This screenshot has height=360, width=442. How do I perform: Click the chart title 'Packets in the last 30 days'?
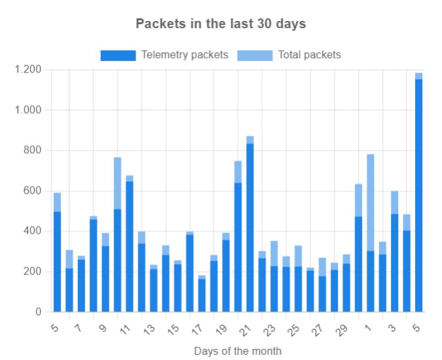coord(221,24)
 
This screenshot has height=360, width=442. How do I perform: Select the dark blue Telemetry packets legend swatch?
coord(118,55)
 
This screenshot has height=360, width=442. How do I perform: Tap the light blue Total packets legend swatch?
coord(255,55)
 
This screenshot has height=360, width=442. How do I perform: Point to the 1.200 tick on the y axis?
coord(28,69)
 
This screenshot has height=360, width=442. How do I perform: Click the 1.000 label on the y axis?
coord(28,110)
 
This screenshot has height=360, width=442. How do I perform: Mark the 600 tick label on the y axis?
coord(32,190)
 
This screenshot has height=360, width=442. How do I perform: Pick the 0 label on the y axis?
coord(39,312)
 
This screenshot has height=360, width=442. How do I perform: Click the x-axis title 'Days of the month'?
coord(238,351)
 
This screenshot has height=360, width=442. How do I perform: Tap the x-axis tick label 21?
coord(245,330)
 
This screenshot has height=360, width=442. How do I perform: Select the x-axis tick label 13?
coord(149,329)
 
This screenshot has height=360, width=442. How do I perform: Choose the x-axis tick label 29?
coord(341,330)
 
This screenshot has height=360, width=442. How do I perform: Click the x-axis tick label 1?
coord(368,328)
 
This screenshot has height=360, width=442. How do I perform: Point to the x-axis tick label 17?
coord(196,329)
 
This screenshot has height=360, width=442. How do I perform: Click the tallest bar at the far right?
coord(418,192)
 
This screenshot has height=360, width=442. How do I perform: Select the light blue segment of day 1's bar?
coord(371,202)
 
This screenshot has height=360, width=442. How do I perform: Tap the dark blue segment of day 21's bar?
coord(249,228)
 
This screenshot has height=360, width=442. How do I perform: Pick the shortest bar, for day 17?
coord(202,293)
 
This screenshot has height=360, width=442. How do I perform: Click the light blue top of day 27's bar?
coord(322,267)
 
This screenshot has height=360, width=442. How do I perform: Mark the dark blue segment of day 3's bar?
coord(395,263)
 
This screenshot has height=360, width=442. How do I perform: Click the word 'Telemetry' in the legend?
coord(166,55)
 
